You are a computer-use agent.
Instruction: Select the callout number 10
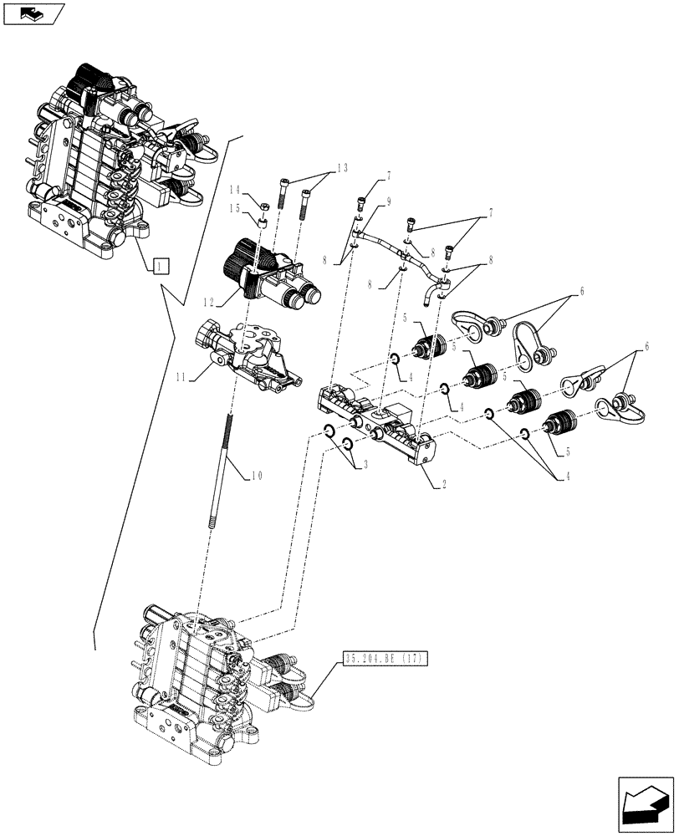tap(257, 476)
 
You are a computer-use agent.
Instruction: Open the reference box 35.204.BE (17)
tap(385, 660)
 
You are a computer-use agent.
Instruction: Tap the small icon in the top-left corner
tap(33, 13)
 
